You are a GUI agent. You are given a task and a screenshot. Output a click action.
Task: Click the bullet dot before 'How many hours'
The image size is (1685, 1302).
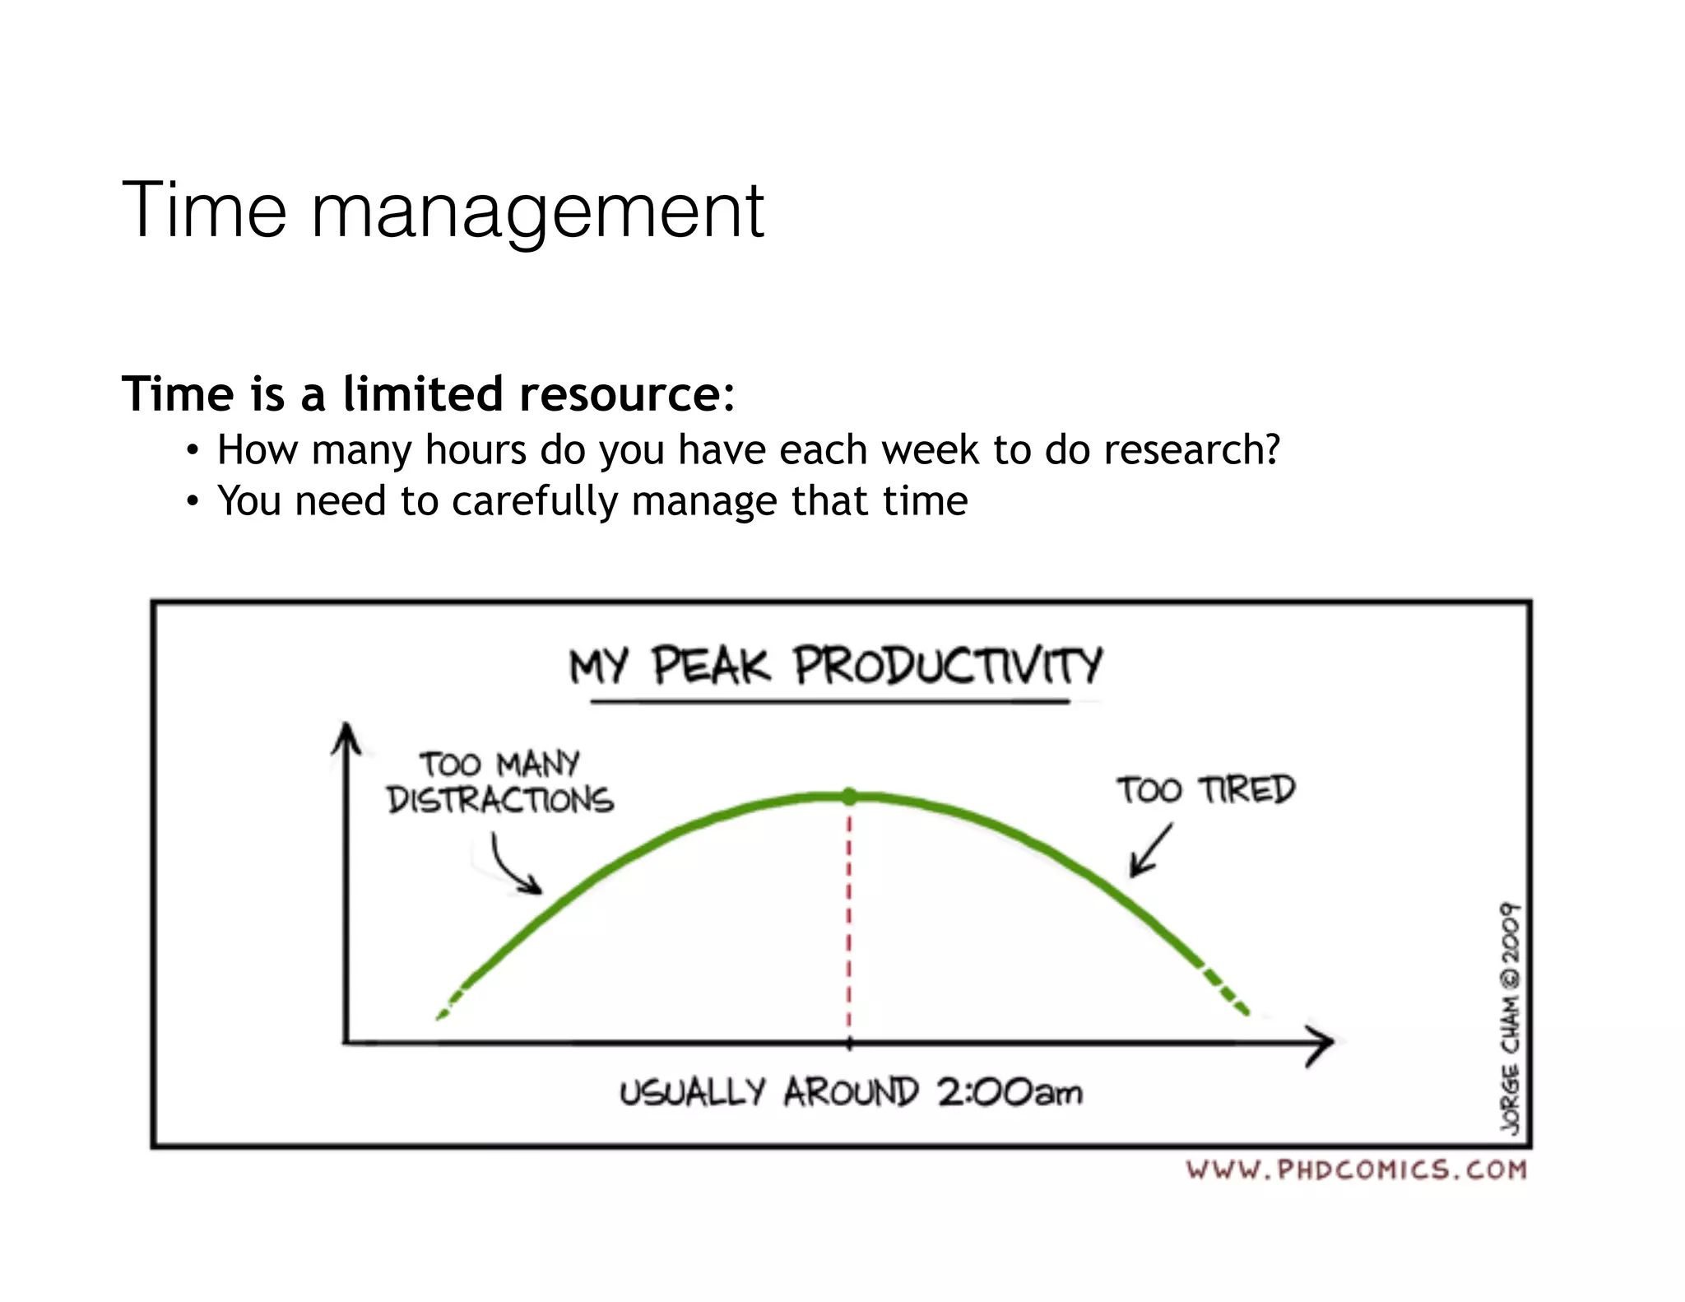[x=192, y=451]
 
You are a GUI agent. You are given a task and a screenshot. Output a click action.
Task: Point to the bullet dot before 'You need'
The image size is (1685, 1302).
[x=192, y=502]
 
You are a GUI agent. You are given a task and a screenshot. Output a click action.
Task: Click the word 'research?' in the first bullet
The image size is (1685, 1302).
[x=1191, y=450]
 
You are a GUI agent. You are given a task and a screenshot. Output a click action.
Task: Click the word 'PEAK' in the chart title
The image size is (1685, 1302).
[x=712, y=666]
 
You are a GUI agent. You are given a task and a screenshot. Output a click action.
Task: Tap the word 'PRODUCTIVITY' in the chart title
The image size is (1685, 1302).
[x=947, y=666]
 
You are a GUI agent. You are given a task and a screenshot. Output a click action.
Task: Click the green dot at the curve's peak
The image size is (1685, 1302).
[x=849, y=796]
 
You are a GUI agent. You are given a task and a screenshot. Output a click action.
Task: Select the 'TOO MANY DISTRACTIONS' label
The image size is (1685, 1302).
[x=500, y=782]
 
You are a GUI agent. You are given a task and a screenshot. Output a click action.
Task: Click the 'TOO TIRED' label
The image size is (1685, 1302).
[x=1205, y=790]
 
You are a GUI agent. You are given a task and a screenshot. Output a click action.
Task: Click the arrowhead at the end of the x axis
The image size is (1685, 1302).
[x=1321, y=1044]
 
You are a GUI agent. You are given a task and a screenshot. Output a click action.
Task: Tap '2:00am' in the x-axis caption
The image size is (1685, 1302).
[x=1009, y=1093]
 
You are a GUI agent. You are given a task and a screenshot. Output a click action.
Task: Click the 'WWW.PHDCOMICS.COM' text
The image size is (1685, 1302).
[x=1356, y=1169]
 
